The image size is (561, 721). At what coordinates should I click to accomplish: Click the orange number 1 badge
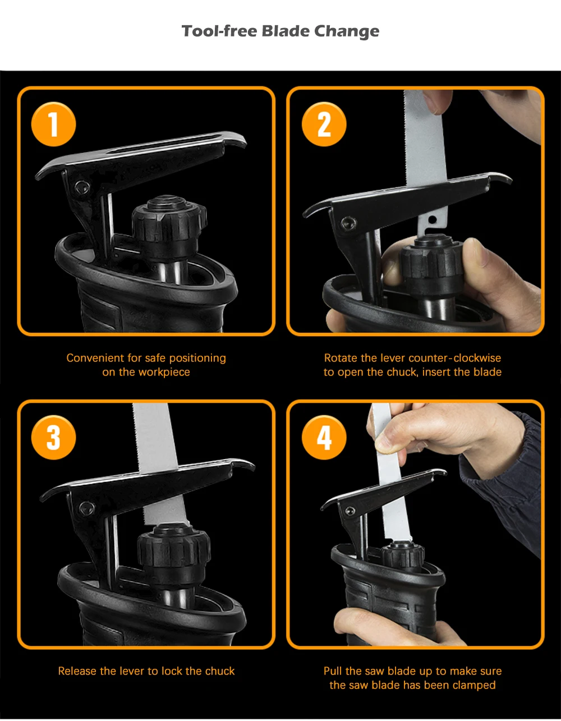(53, 124)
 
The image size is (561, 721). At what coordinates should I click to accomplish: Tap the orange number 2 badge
(324, 124)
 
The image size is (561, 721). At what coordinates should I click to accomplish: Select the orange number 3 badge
(53, 437)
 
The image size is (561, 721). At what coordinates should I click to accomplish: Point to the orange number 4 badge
(324, 437)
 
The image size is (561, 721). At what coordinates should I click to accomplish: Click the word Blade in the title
(286, 31)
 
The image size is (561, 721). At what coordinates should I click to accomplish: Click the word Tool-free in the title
(219, 31)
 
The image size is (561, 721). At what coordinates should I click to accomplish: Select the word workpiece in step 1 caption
(164, 373)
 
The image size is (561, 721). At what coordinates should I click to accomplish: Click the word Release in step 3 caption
(77, 671)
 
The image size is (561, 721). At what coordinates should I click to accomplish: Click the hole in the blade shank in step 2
(433, 219)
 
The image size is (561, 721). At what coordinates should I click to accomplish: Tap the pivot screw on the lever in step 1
(80, 187)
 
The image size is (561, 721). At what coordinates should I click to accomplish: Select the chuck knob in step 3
(173, 552)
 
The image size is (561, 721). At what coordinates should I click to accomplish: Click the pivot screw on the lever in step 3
(87, 507)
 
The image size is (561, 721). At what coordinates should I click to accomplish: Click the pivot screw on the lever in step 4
(349, 511)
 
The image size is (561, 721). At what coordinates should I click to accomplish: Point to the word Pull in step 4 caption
(333, 671)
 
